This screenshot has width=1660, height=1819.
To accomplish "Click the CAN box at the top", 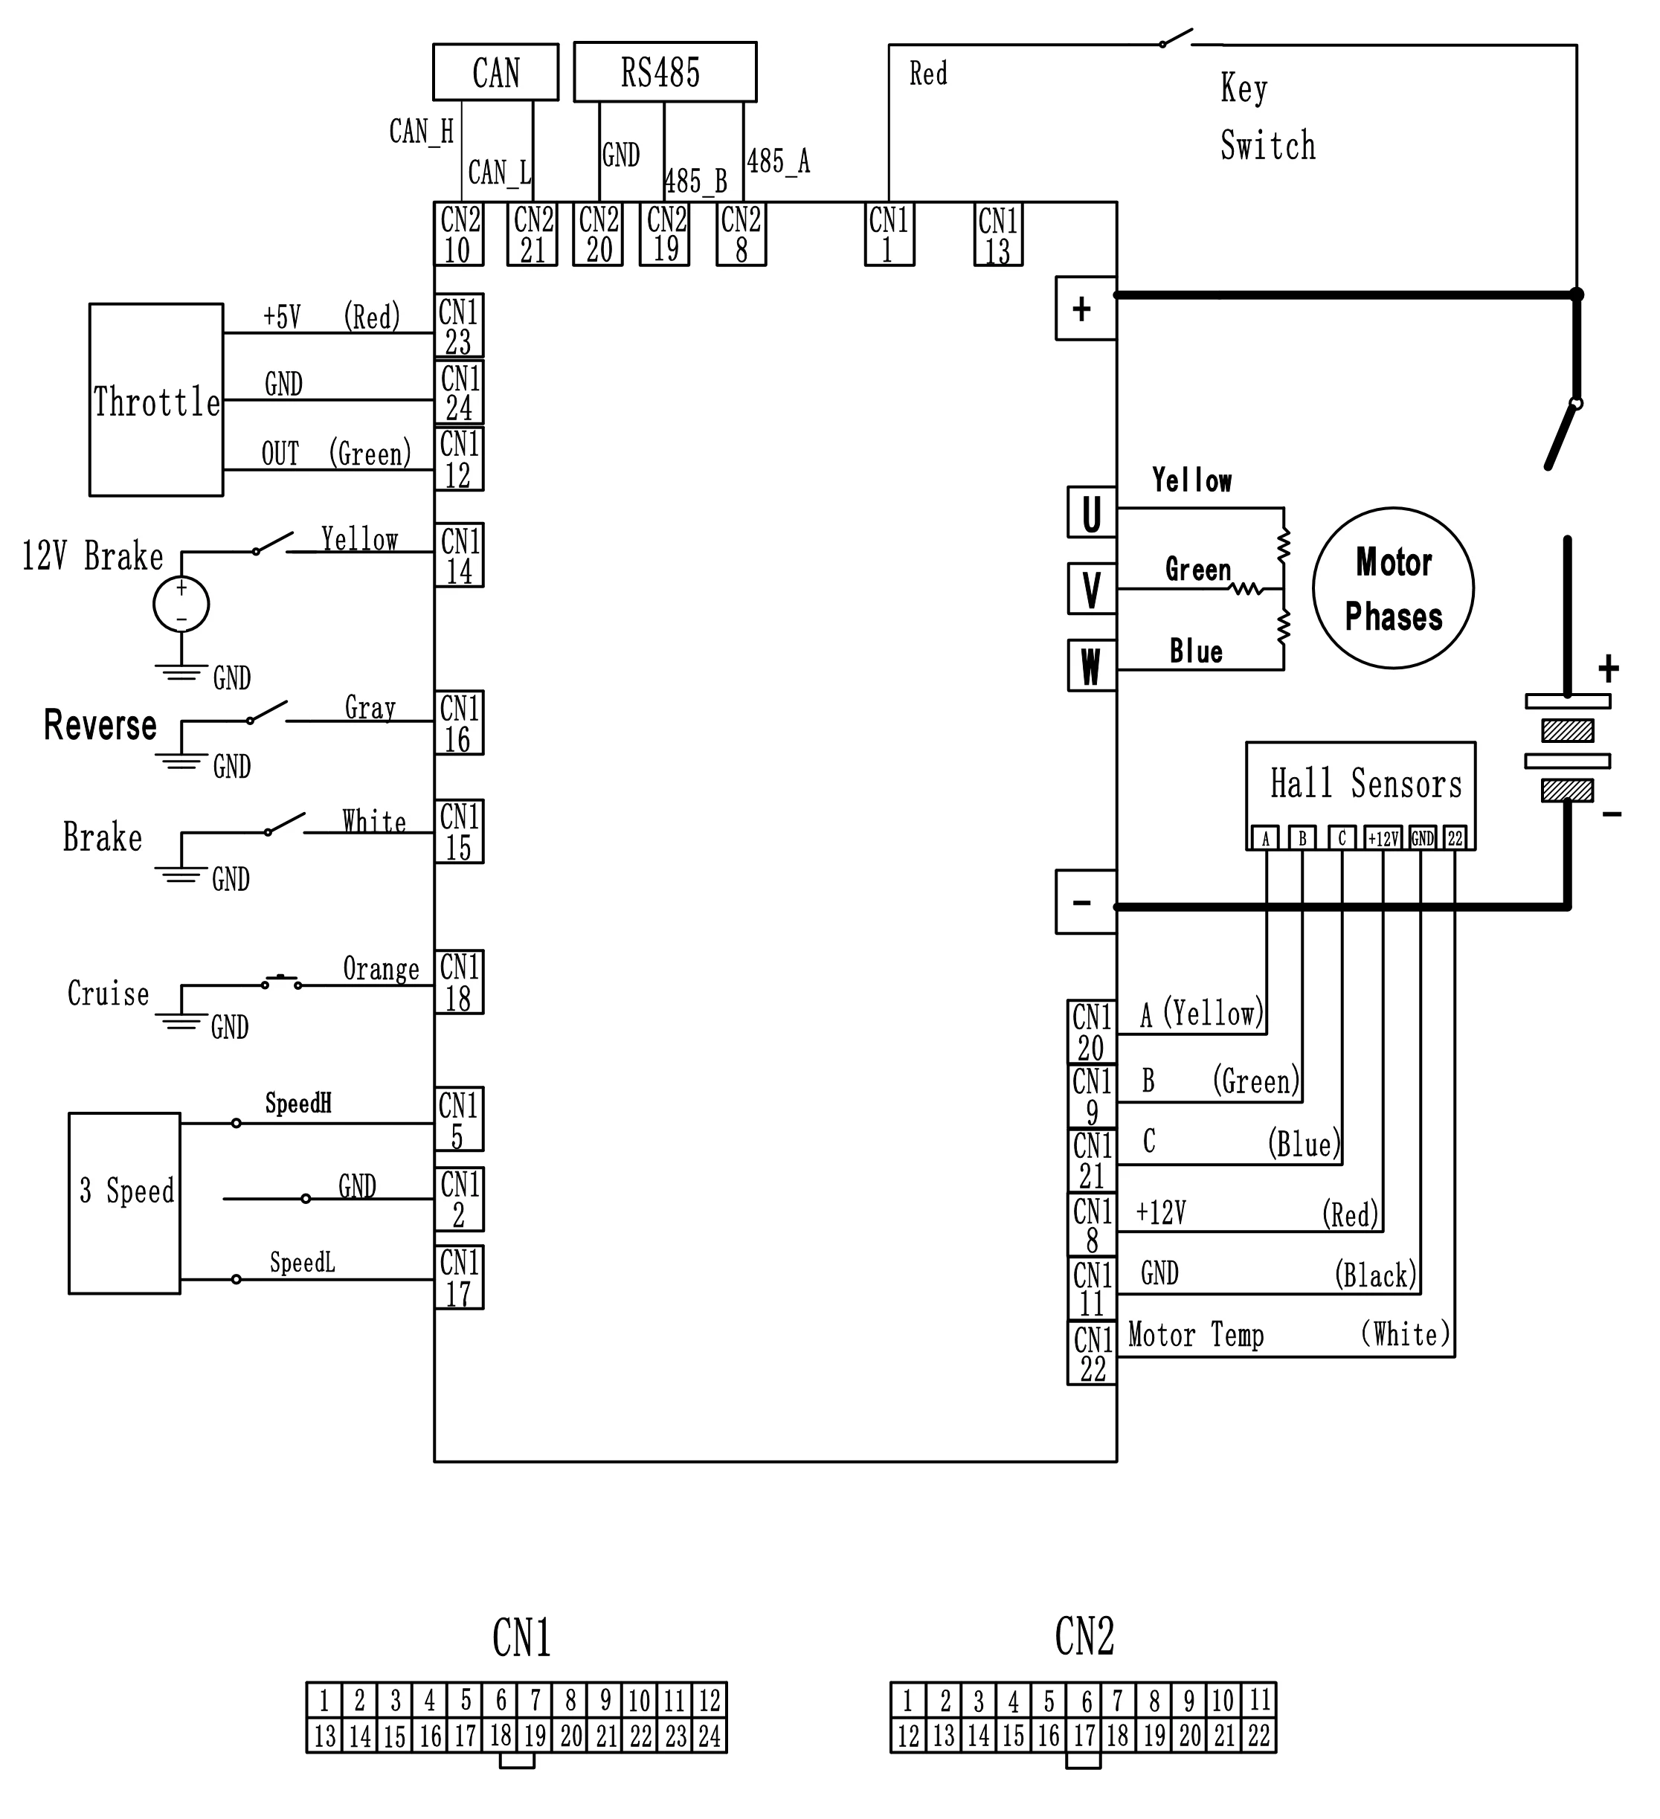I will click(495, 72).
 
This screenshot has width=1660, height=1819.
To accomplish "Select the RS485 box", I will click(665, 72).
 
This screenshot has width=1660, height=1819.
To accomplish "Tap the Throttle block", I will click(156, 399).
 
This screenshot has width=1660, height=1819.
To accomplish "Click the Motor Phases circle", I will click(1393, 588).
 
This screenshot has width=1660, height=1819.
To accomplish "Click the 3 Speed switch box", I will click(124, 1203).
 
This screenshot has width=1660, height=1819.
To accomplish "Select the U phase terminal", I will click(1092, 512).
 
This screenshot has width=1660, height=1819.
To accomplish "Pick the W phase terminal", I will click(1092, 666).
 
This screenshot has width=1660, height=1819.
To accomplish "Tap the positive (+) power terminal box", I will click(1085, 309).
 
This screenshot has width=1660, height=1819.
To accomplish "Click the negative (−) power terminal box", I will click(1085, 902).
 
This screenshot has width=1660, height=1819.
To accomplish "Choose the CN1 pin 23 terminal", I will click(458, 326).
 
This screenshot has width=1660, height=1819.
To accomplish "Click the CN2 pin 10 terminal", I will click(458, 234).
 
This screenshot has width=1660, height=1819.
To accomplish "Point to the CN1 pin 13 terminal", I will click(998, 234).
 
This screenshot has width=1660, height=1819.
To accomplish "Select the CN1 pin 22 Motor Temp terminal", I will click(1092, 1353).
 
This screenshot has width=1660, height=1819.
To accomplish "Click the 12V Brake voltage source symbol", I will click(181, 605).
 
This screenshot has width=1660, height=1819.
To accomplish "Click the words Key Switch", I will click(1267, 117).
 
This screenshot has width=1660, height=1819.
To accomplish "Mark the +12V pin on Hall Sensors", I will click(1382, 838).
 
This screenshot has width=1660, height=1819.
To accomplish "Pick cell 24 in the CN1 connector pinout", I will click(709, 1735).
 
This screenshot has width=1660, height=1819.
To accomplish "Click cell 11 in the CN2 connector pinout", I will click(1258, 1701).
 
